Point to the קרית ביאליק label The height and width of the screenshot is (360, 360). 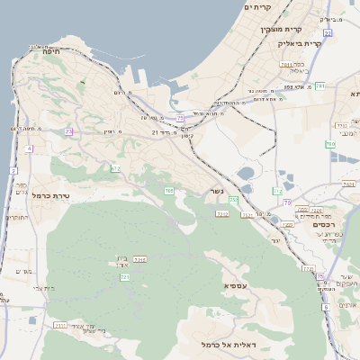(325, 43)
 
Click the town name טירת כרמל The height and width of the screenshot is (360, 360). (50, 194)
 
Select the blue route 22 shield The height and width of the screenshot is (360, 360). (328, 33)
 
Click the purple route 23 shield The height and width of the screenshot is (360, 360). (68, 132)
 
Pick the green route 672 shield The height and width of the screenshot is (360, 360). (115, 168)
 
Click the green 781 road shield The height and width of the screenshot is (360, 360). (346, 85)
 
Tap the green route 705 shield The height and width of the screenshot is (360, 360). (168, 191)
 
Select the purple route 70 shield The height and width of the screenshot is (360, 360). (287, 202)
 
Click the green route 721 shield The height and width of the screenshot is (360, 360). (125, 277)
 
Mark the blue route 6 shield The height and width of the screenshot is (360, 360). (325, 307)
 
